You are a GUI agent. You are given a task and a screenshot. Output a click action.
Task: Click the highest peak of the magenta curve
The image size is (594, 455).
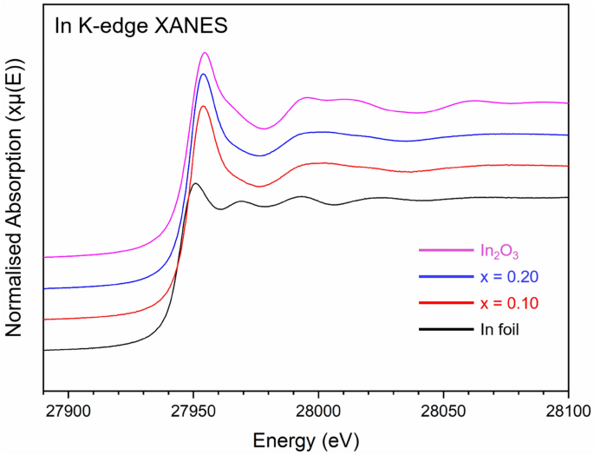205,53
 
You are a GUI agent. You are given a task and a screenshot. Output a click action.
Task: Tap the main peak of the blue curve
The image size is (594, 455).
204,75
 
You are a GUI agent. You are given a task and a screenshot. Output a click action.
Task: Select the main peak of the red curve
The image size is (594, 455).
203,106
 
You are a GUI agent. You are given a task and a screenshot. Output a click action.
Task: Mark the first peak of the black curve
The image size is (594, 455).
195,184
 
